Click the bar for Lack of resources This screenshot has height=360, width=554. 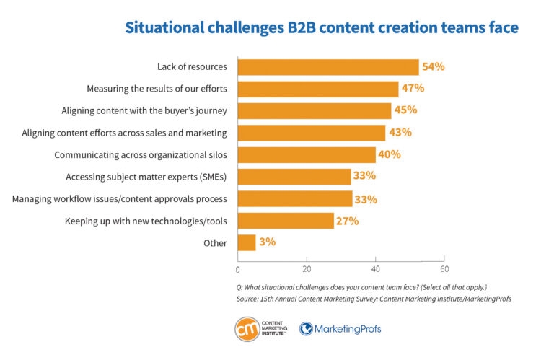click(x=328, y=67)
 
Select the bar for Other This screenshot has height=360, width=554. click(x=247, y=242)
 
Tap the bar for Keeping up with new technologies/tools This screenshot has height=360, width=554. click(x=286, y=221)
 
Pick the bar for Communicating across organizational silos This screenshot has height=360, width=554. click(x=307, y=155)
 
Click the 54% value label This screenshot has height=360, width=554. click(x=434, y=67)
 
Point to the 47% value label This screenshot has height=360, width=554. click(x=413, y=89)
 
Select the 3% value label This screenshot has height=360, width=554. click(x=267, y=242)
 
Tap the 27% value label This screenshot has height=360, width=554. click(x=347, y=221)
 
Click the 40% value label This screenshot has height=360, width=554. click(x=390, y=155)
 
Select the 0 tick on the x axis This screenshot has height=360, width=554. click(x=238, y=270)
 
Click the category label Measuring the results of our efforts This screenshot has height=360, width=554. click(x=157, y=89)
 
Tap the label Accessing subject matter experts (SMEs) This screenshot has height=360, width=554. click(x=146, y=177)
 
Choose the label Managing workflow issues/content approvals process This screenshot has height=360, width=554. click(x=120, y=198)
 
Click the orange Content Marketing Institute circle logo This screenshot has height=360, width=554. click(x=248, y=329)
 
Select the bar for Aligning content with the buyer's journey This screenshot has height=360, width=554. click(x=315, y=111)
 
